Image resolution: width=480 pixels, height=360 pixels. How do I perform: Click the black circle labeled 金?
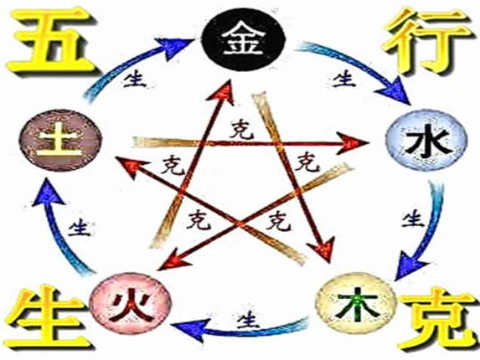click(244, 39)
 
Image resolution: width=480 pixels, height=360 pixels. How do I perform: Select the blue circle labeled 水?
click(426, 141)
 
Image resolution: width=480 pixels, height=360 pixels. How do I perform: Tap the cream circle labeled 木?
click(356, 302)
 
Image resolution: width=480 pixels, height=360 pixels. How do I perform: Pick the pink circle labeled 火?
click(131, 304)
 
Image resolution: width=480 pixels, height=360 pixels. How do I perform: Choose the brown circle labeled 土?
click(60, 140)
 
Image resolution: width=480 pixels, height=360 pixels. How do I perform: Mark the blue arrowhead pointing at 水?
click(395, 90)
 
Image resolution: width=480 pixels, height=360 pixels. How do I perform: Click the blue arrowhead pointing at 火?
click(191, 329)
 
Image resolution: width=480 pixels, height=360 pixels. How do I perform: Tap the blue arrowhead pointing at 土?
click(48, 193)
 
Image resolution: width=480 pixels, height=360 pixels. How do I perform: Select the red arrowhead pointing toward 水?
click(352, 143)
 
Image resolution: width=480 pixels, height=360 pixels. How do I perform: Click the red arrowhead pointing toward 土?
click(130, 166)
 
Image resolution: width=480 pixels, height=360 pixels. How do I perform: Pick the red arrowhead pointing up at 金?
click(222, 91)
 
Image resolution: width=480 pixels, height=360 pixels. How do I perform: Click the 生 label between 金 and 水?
click(344, 79)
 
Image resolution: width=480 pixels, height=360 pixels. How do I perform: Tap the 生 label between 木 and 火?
click(248, 319)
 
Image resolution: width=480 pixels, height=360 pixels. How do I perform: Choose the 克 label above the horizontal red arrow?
click(242, 130)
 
